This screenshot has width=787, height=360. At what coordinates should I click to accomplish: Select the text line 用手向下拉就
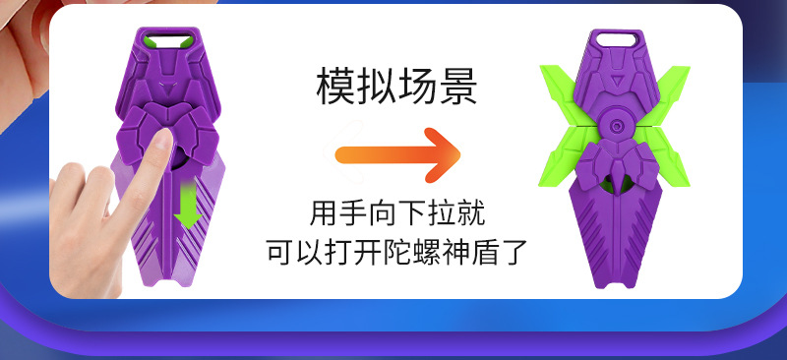click(x=396, y=212)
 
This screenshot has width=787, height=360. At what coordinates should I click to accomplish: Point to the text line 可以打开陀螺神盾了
click(x=396, y=252)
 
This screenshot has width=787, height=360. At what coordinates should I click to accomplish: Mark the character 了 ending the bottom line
click(x=514, y=252)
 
